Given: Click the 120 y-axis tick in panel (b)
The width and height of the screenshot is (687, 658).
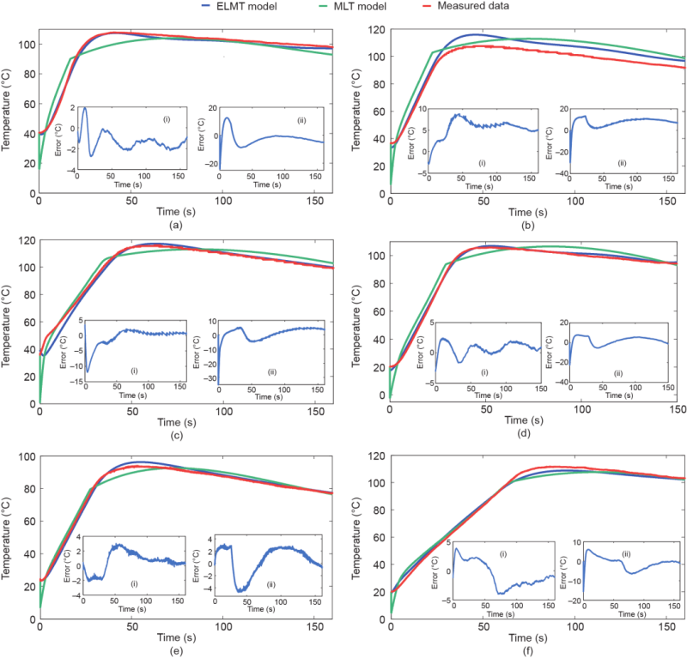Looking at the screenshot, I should tap(374, 29).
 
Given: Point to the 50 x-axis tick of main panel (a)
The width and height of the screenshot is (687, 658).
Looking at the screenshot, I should tap(131, 199).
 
